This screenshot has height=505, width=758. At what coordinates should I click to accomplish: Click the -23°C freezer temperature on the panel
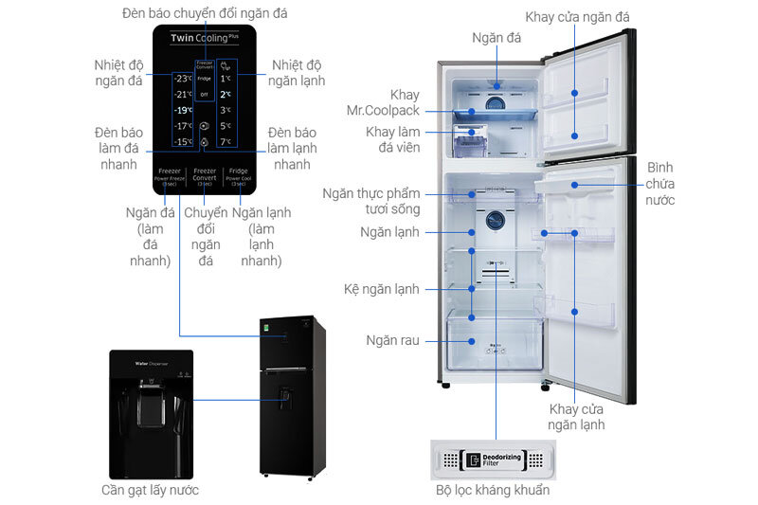point(183,78)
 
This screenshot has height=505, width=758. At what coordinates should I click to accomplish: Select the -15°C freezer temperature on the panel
point(183,142)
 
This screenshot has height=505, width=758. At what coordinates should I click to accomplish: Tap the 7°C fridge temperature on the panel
point(226,142)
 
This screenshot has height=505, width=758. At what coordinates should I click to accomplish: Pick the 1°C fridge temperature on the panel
point(226,79)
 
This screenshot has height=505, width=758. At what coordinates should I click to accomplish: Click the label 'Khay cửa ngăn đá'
point(590,16)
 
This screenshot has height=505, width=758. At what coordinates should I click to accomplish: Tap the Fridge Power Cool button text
point(239,178)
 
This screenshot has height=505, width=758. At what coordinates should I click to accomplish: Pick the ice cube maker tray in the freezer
point(471,143)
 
